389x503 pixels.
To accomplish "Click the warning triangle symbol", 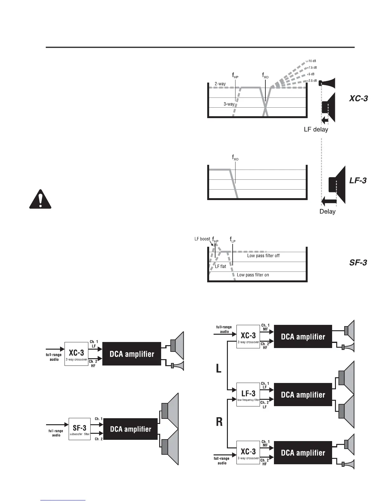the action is point(40,199).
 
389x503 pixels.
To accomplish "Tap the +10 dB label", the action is point(311,61).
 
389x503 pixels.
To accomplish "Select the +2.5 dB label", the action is point(311,81).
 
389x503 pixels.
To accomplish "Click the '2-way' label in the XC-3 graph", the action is point(220,84).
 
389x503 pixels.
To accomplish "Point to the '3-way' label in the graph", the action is point(229,104).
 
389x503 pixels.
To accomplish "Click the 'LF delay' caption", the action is point(316,130).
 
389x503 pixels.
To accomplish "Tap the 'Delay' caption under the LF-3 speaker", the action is point(327,211).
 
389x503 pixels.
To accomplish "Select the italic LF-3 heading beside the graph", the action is point(358,181).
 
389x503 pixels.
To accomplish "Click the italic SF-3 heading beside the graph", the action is point(358,263).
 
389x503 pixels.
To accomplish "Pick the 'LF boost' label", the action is point(202,239).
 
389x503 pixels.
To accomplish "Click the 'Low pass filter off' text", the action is point(263,256).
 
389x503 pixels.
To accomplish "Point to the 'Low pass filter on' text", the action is point(253,275).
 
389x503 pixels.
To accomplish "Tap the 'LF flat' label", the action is point(220,266).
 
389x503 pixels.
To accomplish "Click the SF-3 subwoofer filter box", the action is point(79,429).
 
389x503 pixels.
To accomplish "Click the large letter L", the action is point(219,368).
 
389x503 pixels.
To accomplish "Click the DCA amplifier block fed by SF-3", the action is point(130,429).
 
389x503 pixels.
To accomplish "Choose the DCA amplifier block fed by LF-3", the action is point(303,395).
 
